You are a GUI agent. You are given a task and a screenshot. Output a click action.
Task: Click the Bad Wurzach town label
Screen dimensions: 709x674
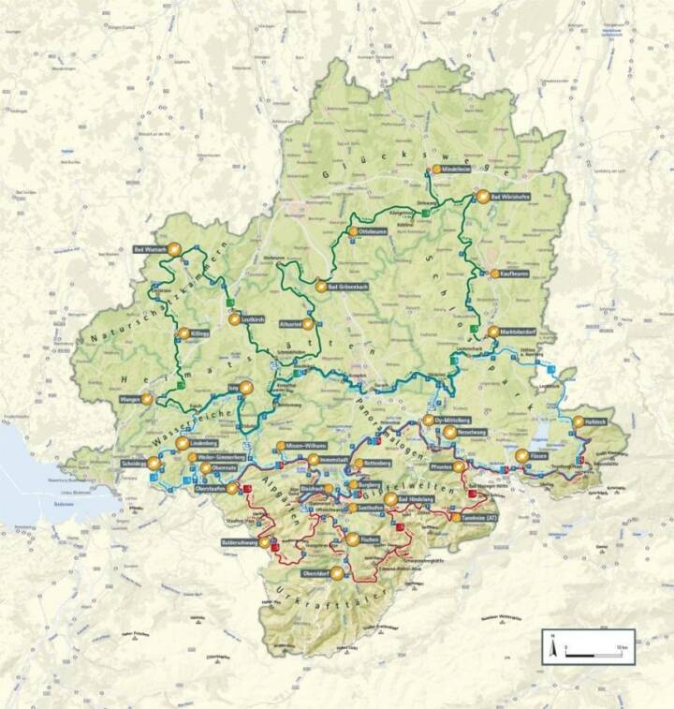(x=151, y=249)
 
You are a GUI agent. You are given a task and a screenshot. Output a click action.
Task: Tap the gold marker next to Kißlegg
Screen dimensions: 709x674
(x=183, y=333)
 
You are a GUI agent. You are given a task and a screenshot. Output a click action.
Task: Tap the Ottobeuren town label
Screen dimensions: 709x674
(x=373, y=230)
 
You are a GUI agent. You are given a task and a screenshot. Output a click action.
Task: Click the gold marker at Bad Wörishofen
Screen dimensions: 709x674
(x=483, y=197)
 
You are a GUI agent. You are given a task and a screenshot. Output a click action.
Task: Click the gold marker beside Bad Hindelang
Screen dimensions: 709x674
(x=389, y=500)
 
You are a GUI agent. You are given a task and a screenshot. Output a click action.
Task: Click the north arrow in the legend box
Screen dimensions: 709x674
(x=553, y=645)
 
